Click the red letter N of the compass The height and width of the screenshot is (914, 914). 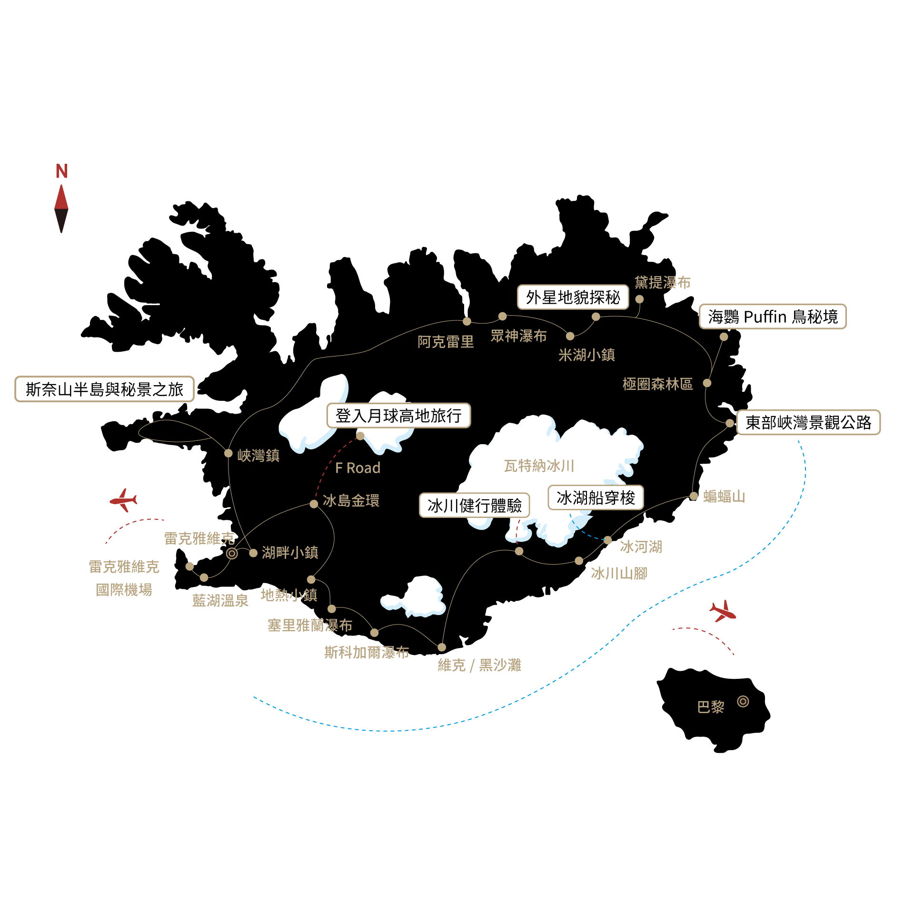(61, 171)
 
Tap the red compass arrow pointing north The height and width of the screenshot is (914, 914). (61, 198)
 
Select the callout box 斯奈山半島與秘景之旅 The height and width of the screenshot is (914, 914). (104, 389)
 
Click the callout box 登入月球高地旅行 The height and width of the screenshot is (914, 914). (398, 416)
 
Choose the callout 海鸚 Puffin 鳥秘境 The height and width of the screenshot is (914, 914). (772, 317)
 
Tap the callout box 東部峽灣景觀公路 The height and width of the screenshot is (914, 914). (808, 422)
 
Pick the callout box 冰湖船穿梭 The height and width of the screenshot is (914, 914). (596, 497)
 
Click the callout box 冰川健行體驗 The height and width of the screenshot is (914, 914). (474, 505)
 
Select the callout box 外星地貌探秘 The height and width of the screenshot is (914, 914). (573, 297)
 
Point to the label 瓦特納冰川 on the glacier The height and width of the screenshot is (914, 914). (539, 466)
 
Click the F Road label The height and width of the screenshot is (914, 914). (358, 468)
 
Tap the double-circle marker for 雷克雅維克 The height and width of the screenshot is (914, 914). (232, 553)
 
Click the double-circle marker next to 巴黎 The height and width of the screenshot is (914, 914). (743, 701)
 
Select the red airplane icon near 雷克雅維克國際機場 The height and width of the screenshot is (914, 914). (124, 500)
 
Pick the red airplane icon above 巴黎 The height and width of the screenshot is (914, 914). (723, 611)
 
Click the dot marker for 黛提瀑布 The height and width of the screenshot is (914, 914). (639, 299)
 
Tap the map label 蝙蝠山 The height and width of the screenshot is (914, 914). (724, 497)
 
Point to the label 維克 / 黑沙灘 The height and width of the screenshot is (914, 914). (479, 665)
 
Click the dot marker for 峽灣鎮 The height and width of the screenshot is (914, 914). (228, 453)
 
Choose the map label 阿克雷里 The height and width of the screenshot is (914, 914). (446, 342)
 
